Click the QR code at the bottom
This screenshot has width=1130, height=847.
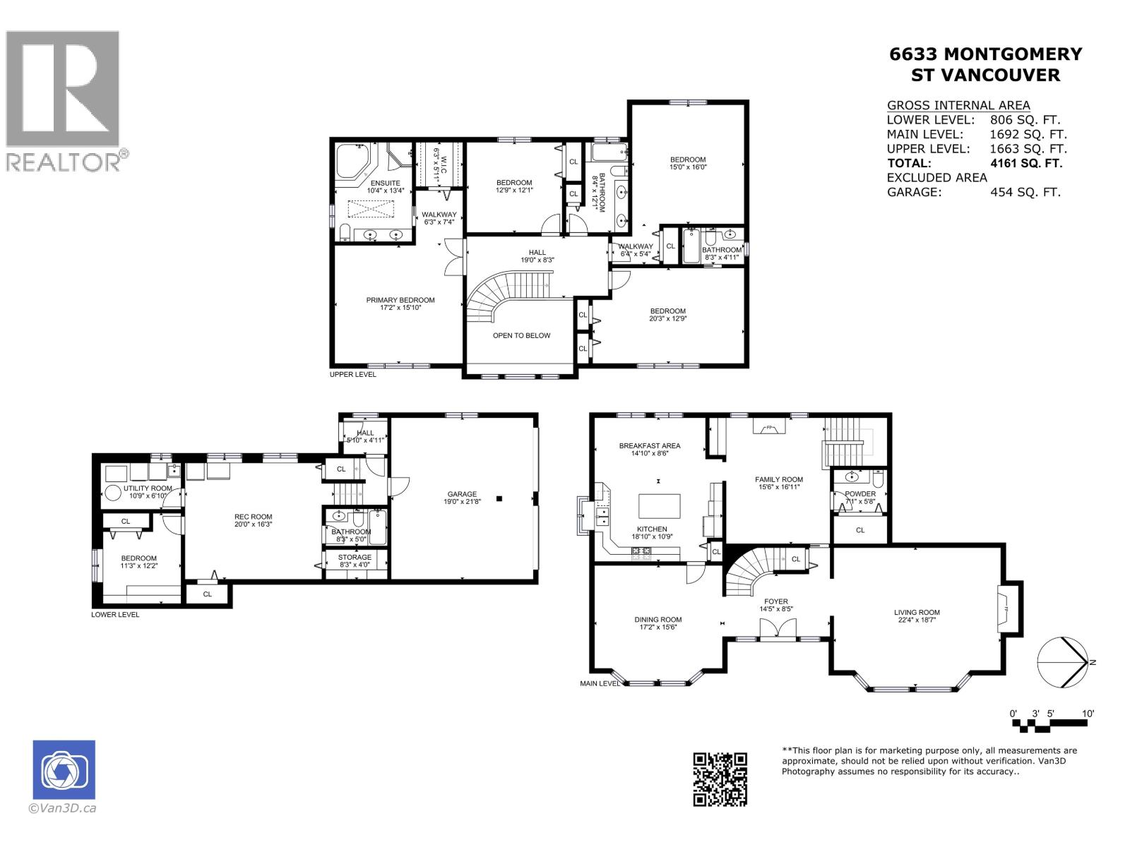pos(720,779)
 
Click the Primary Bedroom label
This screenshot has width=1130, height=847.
pos(400,304)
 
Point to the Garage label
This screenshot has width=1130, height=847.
pos(462,498)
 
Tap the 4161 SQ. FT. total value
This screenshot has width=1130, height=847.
pos(1026,163)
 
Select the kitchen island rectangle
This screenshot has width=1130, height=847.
pos(660,506)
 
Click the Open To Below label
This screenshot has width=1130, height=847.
pos(521,335)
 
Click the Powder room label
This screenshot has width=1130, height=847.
pos(860,498)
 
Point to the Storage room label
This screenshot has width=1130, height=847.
pos(354,561)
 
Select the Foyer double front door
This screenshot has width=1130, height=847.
pos(777,629)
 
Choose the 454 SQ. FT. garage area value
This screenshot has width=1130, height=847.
pos(1025,192)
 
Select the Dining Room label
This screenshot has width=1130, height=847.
pos(658,623)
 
